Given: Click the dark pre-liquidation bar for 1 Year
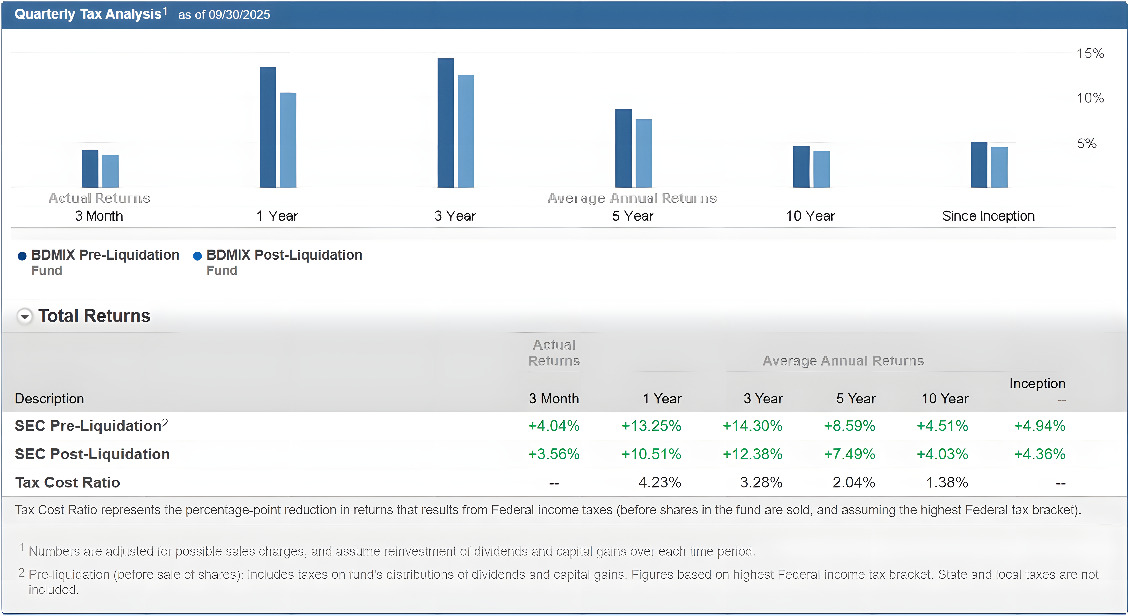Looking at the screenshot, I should pos(268,127).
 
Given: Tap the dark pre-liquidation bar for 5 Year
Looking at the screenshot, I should pos(623,148).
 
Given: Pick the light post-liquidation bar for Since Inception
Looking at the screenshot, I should pos(999,167).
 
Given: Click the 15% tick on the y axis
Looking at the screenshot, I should pos(1090,54).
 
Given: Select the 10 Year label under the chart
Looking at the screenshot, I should pos(810,216).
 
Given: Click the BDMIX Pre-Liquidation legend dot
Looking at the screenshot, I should pos(22,256).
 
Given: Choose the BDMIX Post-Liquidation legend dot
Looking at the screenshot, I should pos(198,256).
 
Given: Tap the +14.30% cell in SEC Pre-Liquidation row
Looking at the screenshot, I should pos(753,426).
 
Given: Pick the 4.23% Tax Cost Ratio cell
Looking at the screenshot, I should pos(660,482).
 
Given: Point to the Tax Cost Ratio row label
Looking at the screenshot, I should pos(67,482).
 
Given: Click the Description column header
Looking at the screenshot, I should pos(49,398).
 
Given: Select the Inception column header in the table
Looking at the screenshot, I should pos(1037,383).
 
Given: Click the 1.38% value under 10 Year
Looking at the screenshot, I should pos(947,482).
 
